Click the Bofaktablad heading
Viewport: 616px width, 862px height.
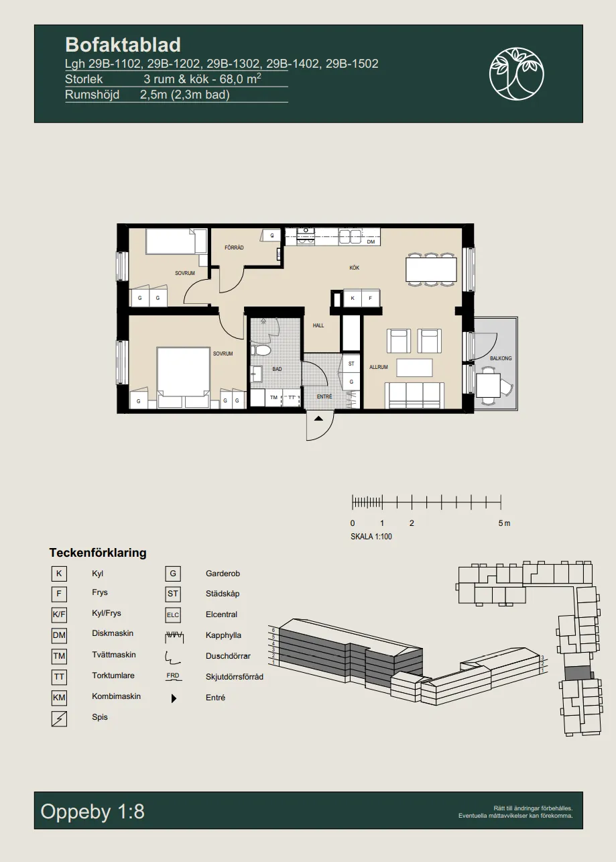tap(123, 45)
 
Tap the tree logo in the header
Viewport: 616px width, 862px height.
tap(516, 74)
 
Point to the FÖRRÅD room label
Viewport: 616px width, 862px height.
tap(234, 248)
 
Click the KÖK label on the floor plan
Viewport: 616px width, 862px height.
tap(354, 268)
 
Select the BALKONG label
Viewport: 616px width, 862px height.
tap(501, 358)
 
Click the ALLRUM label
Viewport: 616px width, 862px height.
tap(378, 367)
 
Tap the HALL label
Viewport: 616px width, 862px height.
tap(318, 325)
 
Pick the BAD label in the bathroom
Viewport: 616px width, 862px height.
tap(277, 369)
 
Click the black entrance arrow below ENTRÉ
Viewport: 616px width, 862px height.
tap(318, 419)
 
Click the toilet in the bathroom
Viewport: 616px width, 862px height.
tap(261, 349)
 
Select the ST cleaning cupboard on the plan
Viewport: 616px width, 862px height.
tap(351, 364)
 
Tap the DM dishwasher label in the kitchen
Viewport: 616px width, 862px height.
tap(371, 241)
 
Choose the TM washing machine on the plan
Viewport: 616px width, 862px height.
tap(273, 398)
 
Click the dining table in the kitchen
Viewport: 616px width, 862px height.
tap(431, 270)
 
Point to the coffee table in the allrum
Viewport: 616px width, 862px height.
tap(414, 368)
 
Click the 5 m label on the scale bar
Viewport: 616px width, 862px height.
tap(504, 523)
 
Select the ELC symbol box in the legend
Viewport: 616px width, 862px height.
tap(173, 614)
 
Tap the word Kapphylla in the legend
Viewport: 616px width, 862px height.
tap(223, 635)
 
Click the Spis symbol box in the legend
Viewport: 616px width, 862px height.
tap(59, 718)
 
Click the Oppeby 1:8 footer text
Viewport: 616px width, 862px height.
tap(93, 811)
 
